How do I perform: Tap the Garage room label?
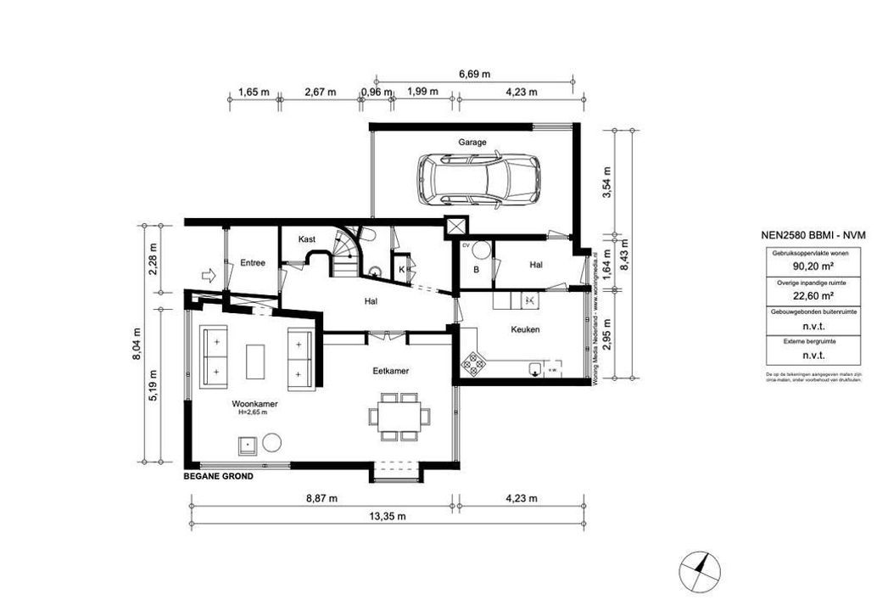coord(472,143)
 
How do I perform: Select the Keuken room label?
coord(526,329)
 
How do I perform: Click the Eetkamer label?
coord(391,371)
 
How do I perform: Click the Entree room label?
coord(252,263)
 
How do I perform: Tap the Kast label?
coord(307,240)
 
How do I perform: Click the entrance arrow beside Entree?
coord(206,274)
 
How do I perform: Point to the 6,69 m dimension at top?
coord(474,75)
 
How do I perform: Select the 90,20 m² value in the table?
coord(810,265)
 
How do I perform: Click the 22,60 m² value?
coord(810,295)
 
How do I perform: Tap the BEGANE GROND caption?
coord(219,476)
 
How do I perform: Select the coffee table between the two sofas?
coord(255,361)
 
